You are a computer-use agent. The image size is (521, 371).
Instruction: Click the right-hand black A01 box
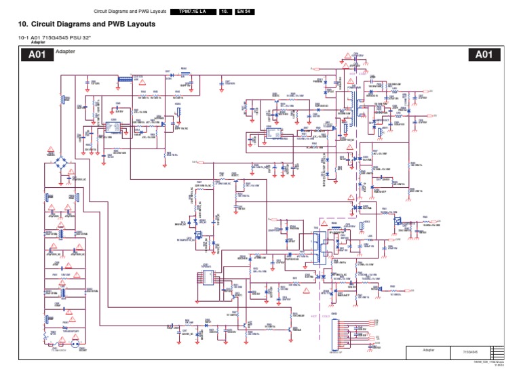pyautogui.click(x=483, y=55)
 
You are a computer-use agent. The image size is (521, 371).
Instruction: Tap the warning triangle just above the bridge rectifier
pyautogui.click(x=50, y=149)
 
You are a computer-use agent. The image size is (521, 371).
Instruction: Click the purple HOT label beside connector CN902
pyautogui.click(x=313, y=315)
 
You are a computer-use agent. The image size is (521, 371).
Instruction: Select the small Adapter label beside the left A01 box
pyautogui.click(x=65, y=52)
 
